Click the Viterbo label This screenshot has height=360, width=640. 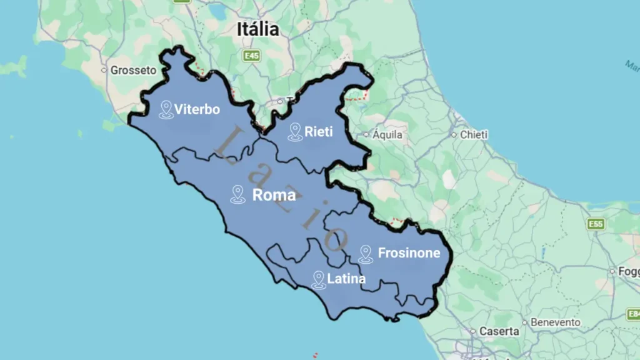click(197, 110)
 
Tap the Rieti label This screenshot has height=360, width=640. click(318, 132)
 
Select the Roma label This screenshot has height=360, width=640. click(274, 195)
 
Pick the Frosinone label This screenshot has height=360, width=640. click(409, 254)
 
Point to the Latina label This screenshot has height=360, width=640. click(346, 279)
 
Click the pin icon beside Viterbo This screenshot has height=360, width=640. click(166, 110)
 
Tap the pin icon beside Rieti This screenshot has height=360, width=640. click(295, 131)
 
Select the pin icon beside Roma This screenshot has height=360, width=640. click(237, 194)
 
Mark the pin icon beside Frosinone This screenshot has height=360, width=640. click(366, 254)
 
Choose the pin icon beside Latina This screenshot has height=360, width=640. click(319, 279)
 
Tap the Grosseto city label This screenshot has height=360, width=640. click(132, 71)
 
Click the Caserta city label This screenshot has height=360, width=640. click(499, 331)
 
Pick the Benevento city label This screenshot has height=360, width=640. click(555, 322)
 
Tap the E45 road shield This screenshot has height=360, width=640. click(251, 56)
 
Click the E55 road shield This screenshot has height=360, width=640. click(596, 224)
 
